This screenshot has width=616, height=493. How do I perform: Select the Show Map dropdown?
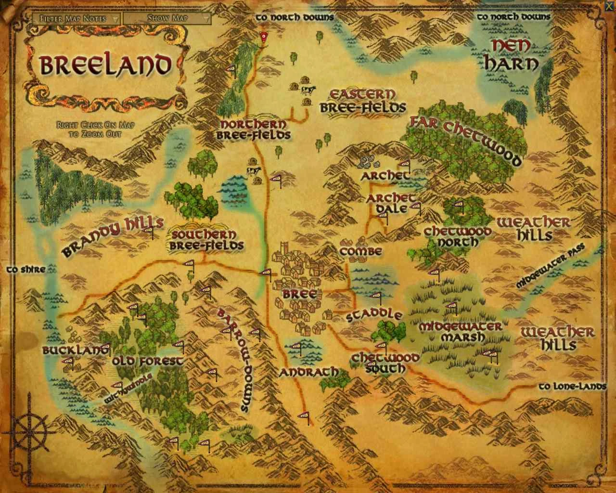167,18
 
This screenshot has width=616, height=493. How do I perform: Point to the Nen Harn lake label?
511,55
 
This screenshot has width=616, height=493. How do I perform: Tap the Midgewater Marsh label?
460,332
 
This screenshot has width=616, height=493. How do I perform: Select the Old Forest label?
147,361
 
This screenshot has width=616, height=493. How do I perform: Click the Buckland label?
76,350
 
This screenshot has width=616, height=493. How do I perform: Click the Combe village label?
360,251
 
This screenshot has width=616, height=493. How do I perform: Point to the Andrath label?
308,372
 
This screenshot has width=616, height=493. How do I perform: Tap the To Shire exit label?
26,270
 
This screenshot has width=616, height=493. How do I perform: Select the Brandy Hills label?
113,235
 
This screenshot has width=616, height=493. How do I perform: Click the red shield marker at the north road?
263,37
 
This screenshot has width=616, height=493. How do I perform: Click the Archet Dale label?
390,203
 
